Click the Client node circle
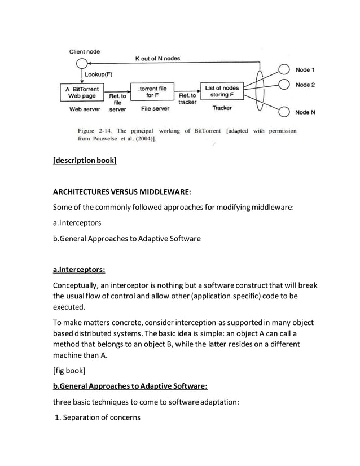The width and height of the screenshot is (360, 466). coord(82,63)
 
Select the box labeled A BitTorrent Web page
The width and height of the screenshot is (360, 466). coord(82,93)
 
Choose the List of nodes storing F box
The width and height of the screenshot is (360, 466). coord(222,91)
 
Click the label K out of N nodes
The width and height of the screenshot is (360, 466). coord(157,58)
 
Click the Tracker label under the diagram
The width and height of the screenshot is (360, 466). coord(222,108)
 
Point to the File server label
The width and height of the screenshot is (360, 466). coord(155,108)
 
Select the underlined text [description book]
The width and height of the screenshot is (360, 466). coord(85,161)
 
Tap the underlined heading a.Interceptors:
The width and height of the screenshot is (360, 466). coord(79,270)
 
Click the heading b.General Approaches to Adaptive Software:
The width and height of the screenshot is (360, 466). coord(130,386)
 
